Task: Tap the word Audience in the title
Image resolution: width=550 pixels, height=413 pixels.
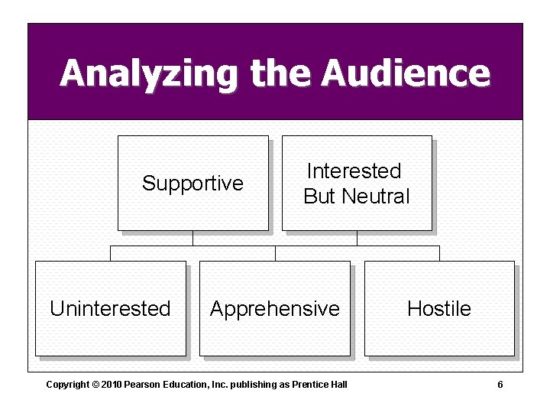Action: coord(406,73)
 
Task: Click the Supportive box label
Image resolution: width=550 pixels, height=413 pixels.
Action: coord(192,184)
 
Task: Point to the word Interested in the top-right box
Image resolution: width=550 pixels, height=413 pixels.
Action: coord(354,171)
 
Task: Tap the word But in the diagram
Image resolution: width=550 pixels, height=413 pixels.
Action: coord(320,197)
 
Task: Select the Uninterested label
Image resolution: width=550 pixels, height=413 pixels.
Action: coord(110,309)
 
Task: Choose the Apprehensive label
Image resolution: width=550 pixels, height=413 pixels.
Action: coord(275,309)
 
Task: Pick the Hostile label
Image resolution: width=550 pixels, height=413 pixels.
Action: coord(439,309)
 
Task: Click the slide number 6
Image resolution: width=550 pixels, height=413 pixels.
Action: coord(500,385)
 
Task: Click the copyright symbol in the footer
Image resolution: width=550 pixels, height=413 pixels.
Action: coord(95,385)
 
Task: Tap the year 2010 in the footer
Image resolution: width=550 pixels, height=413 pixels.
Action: coord(112,385)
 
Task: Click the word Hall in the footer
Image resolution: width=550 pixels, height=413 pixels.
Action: coord(338,385)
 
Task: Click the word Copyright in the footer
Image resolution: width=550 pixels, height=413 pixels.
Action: coord(67,385)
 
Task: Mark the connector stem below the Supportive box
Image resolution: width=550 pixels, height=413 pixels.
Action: coord(192,238)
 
